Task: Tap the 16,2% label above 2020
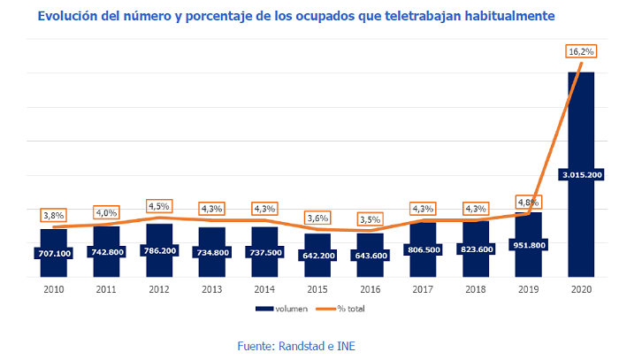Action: coord(581,52)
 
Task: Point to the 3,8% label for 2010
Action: coord(53,215)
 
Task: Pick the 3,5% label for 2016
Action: coord(371,218)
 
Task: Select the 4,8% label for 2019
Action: coord(528,200)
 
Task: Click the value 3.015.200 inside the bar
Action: coord(581,174)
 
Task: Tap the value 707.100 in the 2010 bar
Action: coord(53,253)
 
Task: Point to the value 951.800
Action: coord(528,245)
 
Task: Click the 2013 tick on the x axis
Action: coord(211,288)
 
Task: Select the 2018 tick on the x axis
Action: coord(476,288)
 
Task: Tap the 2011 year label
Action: coord(106,288)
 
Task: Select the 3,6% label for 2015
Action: coord(317,218)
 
